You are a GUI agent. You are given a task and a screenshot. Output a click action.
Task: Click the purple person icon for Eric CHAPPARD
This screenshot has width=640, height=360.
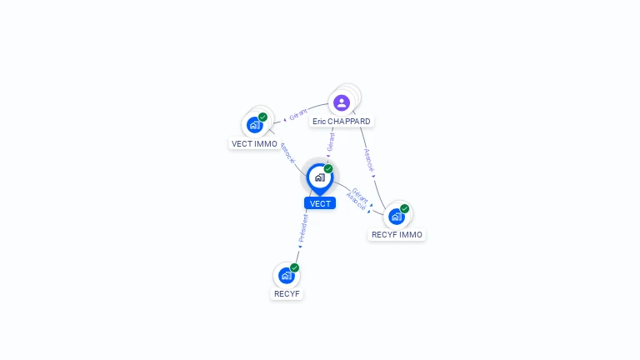[341, 103]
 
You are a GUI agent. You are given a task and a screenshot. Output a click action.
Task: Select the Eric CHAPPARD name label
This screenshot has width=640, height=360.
[342, 122]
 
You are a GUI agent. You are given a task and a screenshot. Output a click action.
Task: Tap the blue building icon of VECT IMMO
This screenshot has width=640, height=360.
[254, 125]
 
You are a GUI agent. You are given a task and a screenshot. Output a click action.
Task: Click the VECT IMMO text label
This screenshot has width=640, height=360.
[254, 144]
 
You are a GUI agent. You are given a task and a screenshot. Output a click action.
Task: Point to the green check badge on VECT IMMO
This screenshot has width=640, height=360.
[262, 117]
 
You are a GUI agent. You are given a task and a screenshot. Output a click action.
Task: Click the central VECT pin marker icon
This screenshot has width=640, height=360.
[319, 177]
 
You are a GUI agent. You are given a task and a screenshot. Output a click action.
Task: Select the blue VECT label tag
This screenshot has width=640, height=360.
[320, 203]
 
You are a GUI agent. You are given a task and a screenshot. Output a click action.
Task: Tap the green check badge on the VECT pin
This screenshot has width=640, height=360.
[328, 169]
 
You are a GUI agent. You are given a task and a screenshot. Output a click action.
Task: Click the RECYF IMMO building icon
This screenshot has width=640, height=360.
[396, 216]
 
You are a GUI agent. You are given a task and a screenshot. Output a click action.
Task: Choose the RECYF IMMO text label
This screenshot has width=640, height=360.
[397, 235]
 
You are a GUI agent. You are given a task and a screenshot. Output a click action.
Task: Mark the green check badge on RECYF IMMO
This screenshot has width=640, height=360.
[404, 208]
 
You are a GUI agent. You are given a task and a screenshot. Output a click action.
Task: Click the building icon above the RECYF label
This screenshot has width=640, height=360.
[286, 275]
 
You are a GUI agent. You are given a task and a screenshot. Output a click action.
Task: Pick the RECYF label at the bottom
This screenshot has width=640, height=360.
[287, 294]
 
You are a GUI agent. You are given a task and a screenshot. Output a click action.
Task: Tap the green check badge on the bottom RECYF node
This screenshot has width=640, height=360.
[294, 267]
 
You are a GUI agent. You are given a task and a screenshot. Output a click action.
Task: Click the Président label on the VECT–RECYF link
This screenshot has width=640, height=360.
[303, 227]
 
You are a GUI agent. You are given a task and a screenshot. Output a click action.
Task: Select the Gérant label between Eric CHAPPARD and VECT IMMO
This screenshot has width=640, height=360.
[298, 114]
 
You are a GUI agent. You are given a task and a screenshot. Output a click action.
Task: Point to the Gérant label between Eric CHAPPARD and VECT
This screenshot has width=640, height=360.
[331, 142]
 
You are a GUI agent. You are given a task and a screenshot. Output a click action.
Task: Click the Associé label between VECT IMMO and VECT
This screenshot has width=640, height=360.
[286, 152]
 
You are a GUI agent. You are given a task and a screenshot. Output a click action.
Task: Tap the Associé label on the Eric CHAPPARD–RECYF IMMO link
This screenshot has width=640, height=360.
[369, 160]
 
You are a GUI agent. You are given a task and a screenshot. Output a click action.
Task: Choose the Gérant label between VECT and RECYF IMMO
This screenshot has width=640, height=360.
[360, 194]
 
